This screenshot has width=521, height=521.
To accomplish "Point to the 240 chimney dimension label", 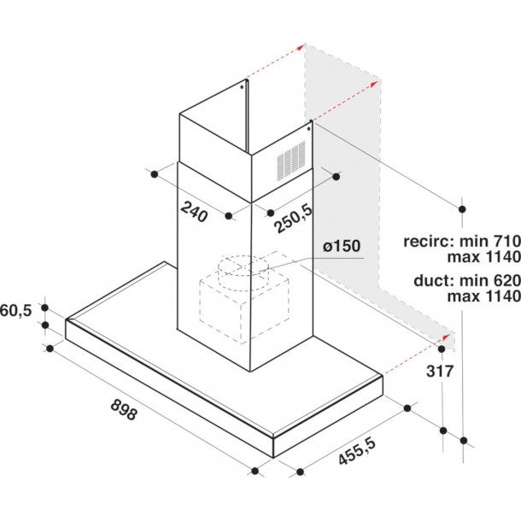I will tap(195, 212).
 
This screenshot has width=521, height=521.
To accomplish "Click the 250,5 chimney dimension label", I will tap(294, 219).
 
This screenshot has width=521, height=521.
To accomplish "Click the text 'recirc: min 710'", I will tap(463, 242).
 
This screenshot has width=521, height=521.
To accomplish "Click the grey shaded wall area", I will tap(342, 171).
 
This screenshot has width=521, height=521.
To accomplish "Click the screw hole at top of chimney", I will tap(243, 85).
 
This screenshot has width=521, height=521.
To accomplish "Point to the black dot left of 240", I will tap(154, 174).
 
